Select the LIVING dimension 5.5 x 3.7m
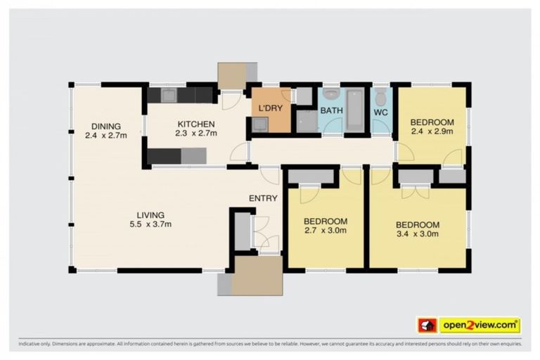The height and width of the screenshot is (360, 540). pyautogui.click(x=147, y=224)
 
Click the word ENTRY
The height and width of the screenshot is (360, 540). pyautogui.click(x=263, y=198)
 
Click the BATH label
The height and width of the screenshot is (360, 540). pyautogui.click(x=331, y=111)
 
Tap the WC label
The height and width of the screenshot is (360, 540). pyautogui.click(x=380, y=112)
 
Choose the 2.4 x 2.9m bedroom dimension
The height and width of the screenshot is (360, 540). pyautogui.click(x=431, y=131)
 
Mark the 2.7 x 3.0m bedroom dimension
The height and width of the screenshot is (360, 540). pyautogui.click(x=326, y=230)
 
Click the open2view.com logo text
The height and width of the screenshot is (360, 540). pyautogui.click(x=480, y=325)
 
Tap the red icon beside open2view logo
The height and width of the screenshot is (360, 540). pyautogui.click(x=427, y=325)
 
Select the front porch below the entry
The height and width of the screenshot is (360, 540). pyautogui.click(x=257, y=274)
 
